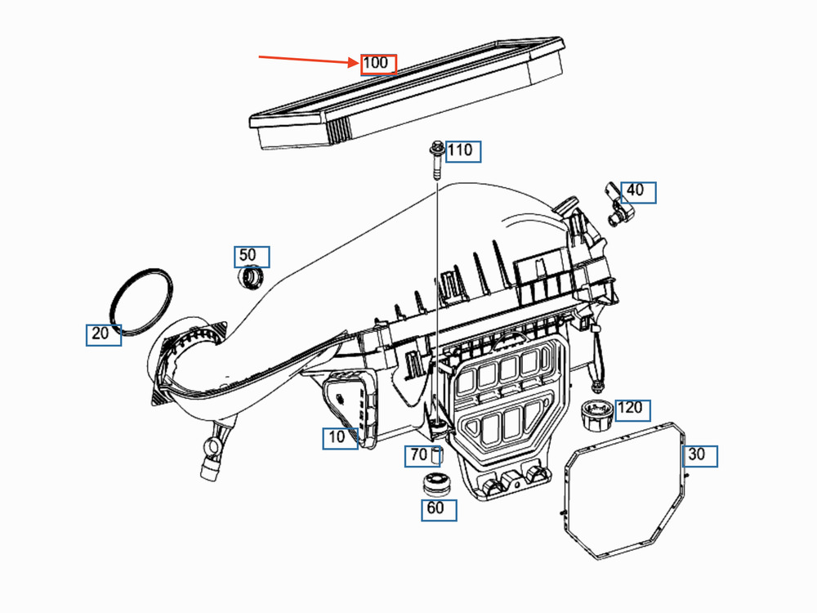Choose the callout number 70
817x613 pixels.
tap(419, 456)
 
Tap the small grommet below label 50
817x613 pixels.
tap(251, 278)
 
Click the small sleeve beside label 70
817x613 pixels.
tap(436, 455)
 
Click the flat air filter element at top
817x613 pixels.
tap(407, 93)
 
